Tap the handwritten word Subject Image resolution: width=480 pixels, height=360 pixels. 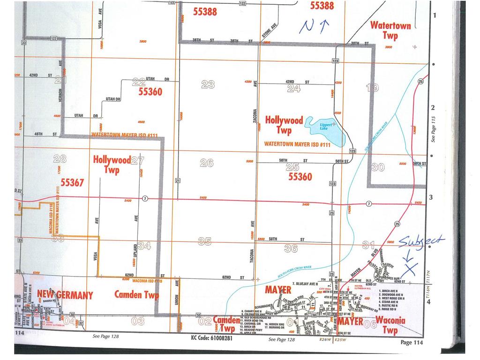[x=420, y=241]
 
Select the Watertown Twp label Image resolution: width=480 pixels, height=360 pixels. [x=390, y=30]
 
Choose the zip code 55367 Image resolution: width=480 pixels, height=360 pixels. [x=72, y=182]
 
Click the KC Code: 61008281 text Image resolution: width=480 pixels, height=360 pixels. [x=211, y=337]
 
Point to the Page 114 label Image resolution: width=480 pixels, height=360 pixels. [x=412, y=343]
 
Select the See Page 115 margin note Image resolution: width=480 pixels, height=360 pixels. [x=434, y=129]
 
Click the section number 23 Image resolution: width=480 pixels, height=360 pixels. [x=208, y=84]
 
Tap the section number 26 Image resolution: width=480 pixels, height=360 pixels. [x=207, y=163]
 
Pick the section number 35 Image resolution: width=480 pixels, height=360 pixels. [x=204, y=241]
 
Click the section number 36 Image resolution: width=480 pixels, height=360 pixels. [x=291, y=248]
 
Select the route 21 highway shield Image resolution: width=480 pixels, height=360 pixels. [x=178, y=180]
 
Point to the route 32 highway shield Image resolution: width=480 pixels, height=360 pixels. [x=81, y=323]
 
